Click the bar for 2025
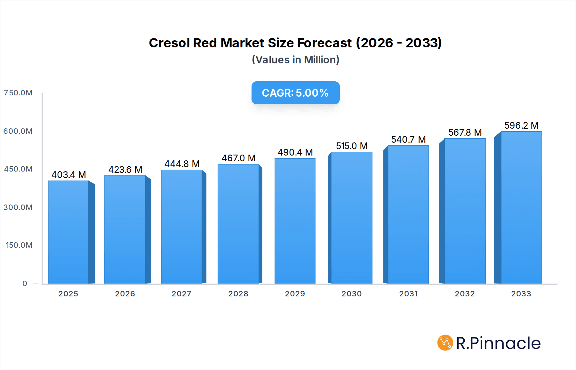(x=68, y=232)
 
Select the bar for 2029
(x=295, y=221)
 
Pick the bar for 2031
(x=408, y=214)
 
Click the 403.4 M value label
(x=68, y=175)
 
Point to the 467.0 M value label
(x=238, y=158)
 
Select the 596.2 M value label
(x=521, y=125)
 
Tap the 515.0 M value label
(x=352, y=146)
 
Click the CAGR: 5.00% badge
(x=295, y=93)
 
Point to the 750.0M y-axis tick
(x=18, y=93)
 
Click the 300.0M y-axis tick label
(x=18, y=207)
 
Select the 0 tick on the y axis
(x=25, y=284)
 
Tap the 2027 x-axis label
(x=181, y=294)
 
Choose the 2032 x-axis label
(x=465, y=294)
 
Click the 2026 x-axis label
(x=125, y=294)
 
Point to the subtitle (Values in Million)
(x=295, y=60)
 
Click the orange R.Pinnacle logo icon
(x=445, y=343)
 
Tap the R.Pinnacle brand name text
(x=498, y=343)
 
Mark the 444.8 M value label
(x=182, y=164)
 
